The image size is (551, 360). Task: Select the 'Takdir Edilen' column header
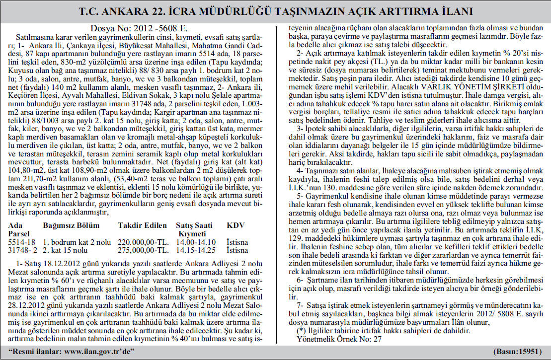pyautogui.click(x=142, y=225)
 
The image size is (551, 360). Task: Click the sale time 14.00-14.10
pyautogui.click(x=196, y=242)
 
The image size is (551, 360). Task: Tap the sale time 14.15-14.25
pyautogui.click(x=196, y=250)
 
